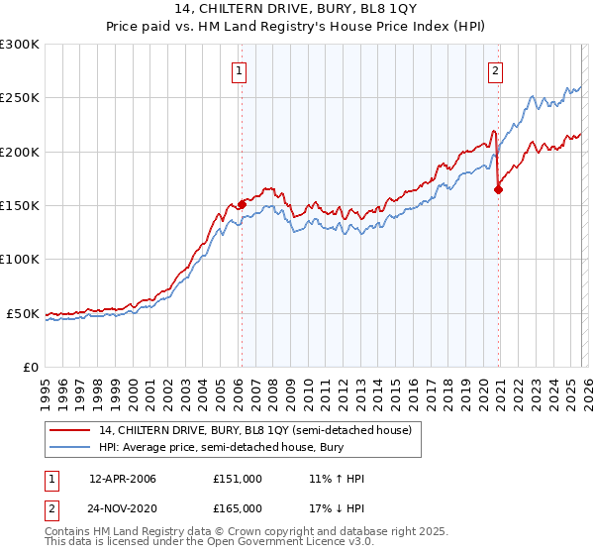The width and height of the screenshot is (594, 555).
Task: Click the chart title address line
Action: pyautogui.click(x=297, y=10)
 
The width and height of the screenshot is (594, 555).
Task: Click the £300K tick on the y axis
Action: pyautogui.click(x=20, y=45)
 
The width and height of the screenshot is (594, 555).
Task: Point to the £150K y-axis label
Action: pyautogui.click(x=20, y=205)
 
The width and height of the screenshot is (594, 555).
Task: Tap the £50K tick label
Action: pyautogui.click(x=24, y=313)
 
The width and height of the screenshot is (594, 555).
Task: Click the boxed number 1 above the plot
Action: pyautogui.click(x=241, y=70)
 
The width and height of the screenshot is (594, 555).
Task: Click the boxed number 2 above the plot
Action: pyautogui.click(x=495, y=70)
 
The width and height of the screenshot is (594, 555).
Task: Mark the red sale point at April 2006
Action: pyautogui.click(x=242, y=204)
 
